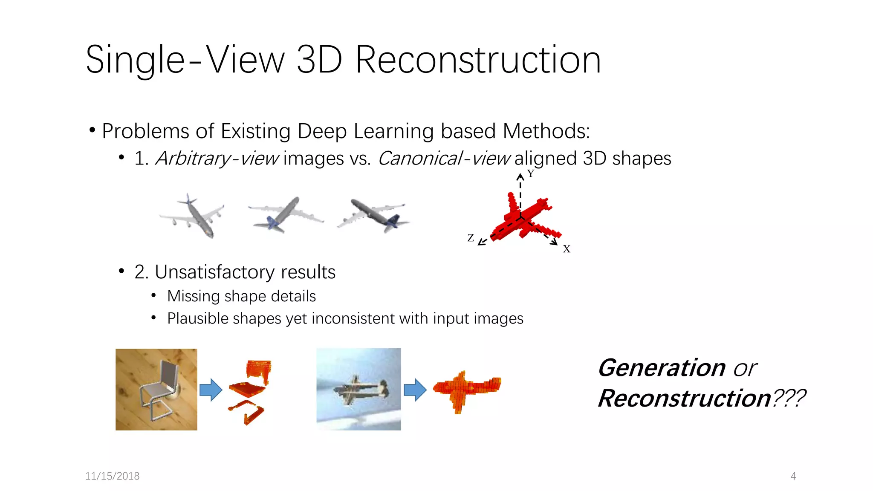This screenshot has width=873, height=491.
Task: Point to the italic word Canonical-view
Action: (x=444, y=159)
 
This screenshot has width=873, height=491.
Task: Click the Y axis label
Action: (x=530, y=173)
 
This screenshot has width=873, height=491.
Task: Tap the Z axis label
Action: (x=470, y=238)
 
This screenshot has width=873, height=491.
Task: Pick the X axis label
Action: (x=566, y=249)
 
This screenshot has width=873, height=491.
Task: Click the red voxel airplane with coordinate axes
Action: (x=524, y=217)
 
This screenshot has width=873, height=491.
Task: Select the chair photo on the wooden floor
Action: (x=156, y=389)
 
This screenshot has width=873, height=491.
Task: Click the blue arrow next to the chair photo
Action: (x=211, y=390)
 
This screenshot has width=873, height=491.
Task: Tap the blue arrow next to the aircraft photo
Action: (x=415, y=390)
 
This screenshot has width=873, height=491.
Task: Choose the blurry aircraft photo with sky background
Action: (x=358, y=389)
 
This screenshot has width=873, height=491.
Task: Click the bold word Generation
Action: (x=661, y=368)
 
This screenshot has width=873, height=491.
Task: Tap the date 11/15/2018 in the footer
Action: (x=112, y=476)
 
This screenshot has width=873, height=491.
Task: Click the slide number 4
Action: (x=793, y=476)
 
